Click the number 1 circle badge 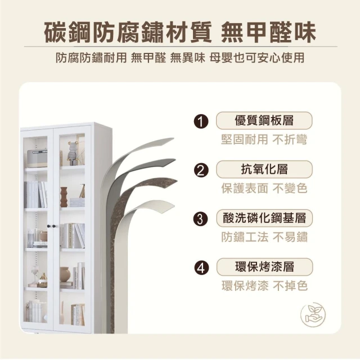(201, 121)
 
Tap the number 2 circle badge (201, 170)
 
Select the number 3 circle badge (200, 219)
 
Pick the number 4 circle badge (201, 268)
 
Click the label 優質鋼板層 (264, 120)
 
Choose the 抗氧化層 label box (264, 169)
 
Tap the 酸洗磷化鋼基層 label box (264, 218)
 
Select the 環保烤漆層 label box (264, 267)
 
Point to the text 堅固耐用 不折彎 (264, 139)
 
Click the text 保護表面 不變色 (264, 188)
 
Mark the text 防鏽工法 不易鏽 (264, 237)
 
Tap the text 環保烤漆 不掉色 (264, 286)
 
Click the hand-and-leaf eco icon (313, 315)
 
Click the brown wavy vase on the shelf (64, 197)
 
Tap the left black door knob (49, 226)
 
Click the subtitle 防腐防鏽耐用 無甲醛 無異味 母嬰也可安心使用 (180, 57)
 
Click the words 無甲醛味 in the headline (268, 32)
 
